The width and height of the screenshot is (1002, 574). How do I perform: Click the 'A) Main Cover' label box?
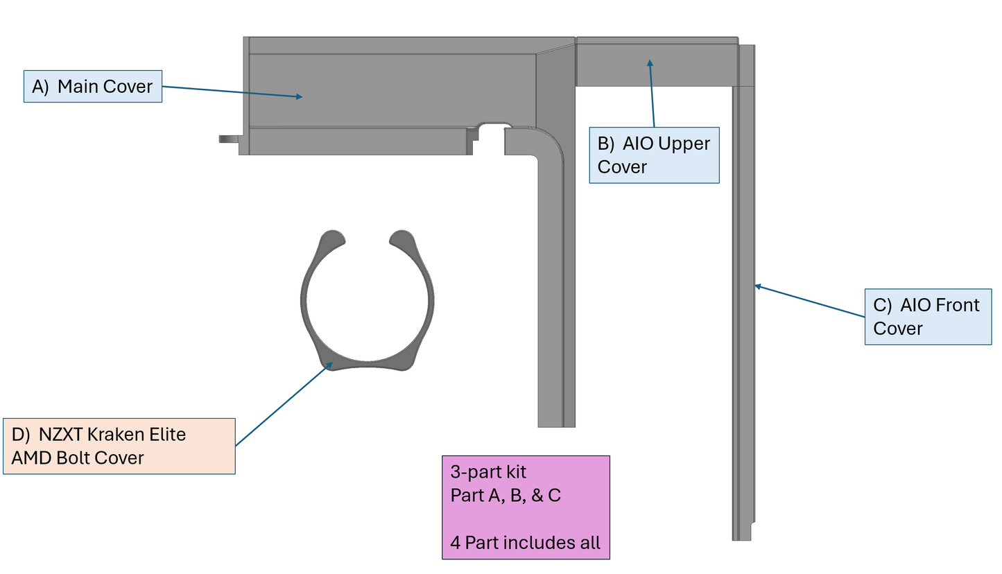point(93,87)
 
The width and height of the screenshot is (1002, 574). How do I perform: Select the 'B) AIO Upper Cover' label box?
point(654,155)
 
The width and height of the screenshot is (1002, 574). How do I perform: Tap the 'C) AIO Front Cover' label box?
point(928,317)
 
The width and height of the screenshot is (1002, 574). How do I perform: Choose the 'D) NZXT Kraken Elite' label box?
point(119,446)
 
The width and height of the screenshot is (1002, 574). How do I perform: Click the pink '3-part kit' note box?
point(526,507)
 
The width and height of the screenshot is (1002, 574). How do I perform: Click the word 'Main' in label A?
point(78,87)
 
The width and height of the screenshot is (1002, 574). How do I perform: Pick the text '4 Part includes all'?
point(525,543)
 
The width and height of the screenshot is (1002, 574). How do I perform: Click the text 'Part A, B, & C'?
point(506,496)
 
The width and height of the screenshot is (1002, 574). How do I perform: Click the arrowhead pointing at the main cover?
point(299,97)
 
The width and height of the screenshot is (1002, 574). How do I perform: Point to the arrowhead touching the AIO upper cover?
point(650,64)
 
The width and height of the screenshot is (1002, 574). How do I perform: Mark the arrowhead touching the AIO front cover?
point(759,286)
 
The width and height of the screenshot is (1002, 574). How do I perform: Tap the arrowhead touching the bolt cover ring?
point(328,365)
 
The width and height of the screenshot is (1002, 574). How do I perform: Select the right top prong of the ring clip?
point(401,238)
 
